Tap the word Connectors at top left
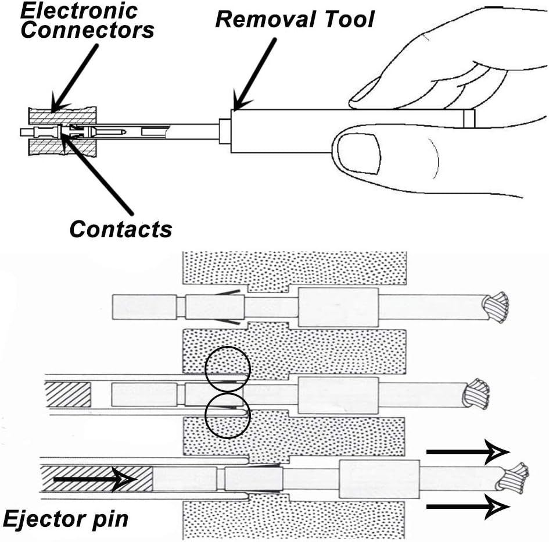pos(87,29)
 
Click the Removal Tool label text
pos(295,19)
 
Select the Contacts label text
pos(121,229)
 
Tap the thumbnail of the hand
pos(360,153)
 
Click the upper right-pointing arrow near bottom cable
pos(468,452)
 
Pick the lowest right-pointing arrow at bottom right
pos(468,505)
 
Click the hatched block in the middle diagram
pos(68,394)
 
